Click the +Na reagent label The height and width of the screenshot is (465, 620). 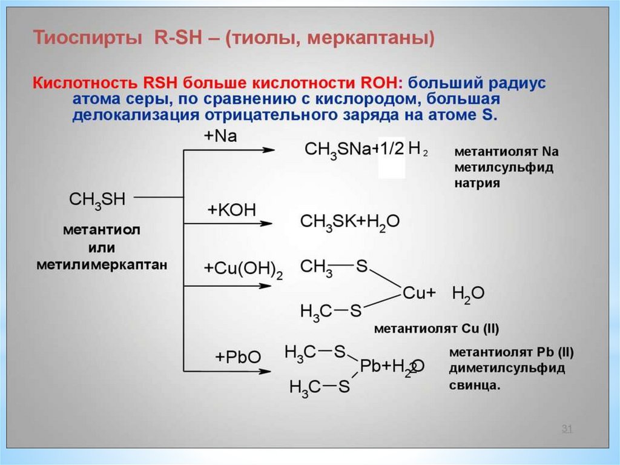220,137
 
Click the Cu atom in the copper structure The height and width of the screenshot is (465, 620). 415,293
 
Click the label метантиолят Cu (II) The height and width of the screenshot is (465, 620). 436,330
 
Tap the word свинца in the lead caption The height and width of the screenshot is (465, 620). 475,385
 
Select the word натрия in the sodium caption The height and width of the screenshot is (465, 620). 478,183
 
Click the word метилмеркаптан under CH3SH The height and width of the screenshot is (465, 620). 102,264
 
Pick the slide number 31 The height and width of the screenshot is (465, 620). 567,429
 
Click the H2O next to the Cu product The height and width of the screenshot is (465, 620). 468,293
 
